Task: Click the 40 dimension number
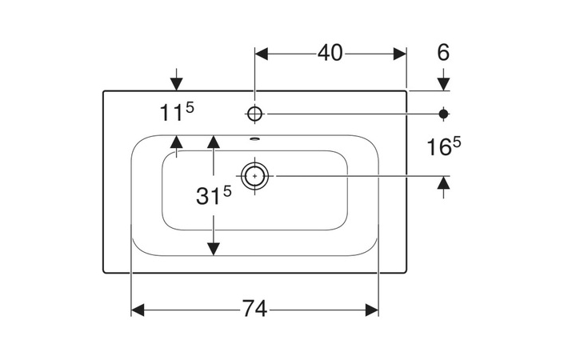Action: click(330, 53)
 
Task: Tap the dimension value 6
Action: click(443, 53)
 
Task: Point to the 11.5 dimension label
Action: click(177, 113)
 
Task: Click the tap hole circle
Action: click(255, 114)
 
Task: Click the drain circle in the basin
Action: click(255, 175)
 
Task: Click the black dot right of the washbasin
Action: click(444, 113)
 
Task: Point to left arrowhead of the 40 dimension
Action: click(262, 54)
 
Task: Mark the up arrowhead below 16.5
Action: click(444, 182)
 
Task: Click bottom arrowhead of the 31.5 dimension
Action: click(214, 248)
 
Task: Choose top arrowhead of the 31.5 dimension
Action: click(214, 142)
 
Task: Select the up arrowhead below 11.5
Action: click(177, 142)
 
